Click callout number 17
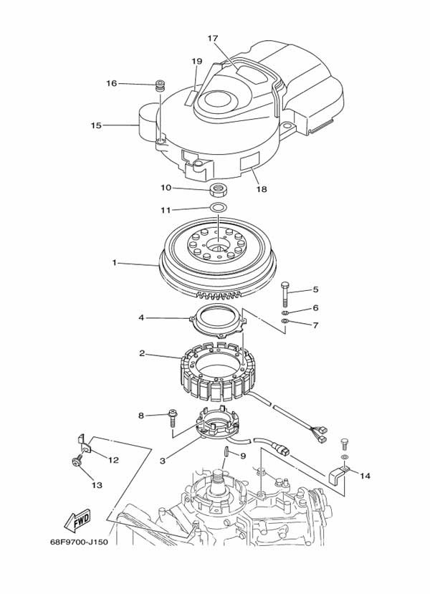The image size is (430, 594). point(213,38)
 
